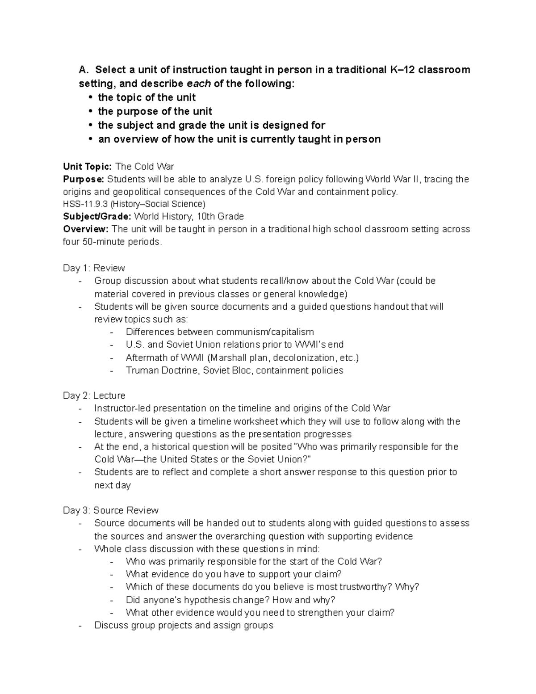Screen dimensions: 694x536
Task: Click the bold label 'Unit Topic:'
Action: pyautogui.click(x=87, y=167)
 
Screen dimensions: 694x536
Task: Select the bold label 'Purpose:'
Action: pyautogui.click(x=83, y=179)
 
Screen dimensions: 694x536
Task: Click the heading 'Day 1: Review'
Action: pyautogui.click(x=94, y=268)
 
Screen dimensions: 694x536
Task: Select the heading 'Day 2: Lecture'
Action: pyautogui.click(x=94, y=395)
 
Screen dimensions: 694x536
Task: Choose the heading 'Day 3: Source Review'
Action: pyautogui.click(x=110, y=510)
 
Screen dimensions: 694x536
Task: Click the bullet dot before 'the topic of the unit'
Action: pyautogui.click(x=91, y=97)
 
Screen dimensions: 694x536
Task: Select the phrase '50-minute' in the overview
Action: pyautogui.click(x=104, y=242)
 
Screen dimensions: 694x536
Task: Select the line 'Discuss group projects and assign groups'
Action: pyautogui.click(x=184, y=625)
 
